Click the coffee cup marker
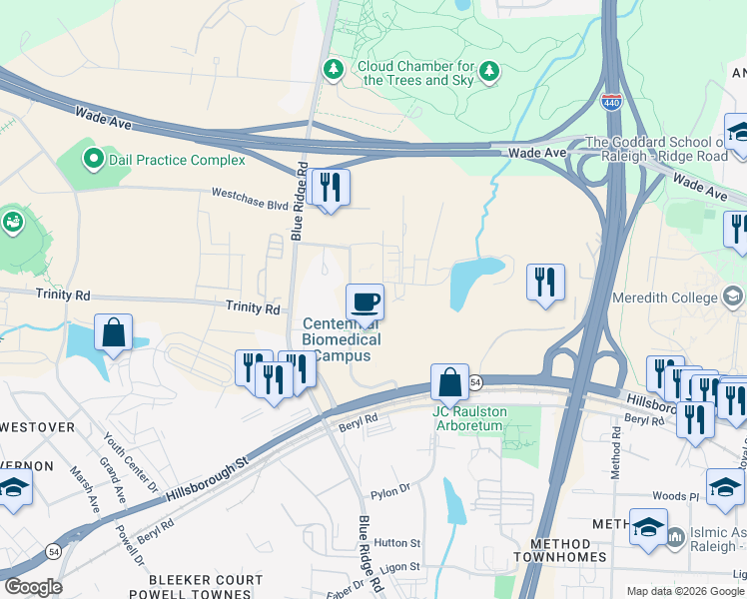[x=365, y=300]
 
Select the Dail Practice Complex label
[x=176, y=160]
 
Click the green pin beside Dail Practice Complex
[x=93, y=158]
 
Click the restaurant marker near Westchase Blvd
[x=329, y=187]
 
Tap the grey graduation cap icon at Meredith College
[x=732, y=296]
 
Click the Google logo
[x=33, y=587]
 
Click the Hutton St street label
[x=397, y=542]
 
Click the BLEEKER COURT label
[x=205, y=579]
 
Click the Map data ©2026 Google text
[x=684, y=591]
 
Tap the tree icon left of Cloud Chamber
[x=333, y=69]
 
